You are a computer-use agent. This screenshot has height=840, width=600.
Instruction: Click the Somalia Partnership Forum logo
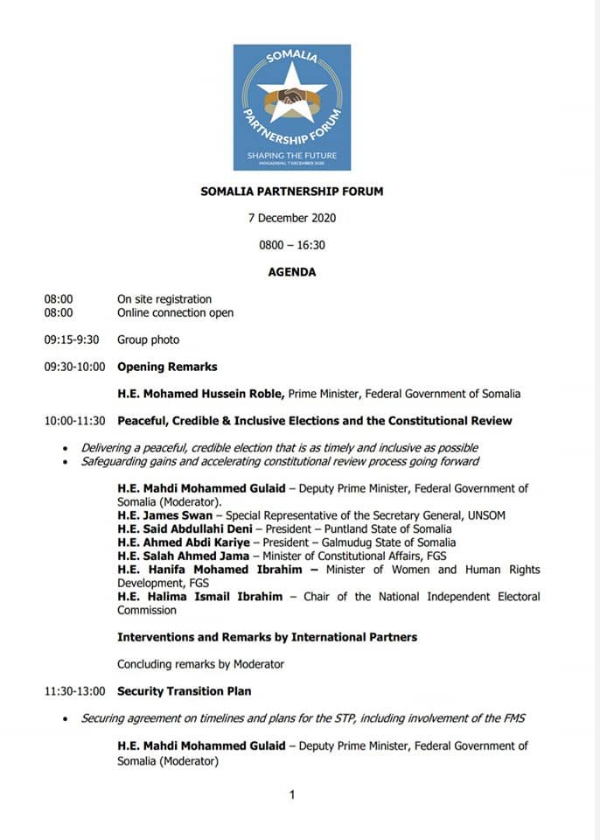pyautogui.click(x=291, y=107)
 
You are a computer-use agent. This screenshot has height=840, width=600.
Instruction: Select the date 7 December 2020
pyautogui.click(x=291, y=218)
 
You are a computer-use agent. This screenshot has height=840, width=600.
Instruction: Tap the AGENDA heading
pyautogui.click(x=291, y=272)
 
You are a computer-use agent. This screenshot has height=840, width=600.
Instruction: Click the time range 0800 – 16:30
pyautogui.click(x=291, y=245)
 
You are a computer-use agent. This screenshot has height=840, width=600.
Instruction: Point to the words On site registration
pyautogui.click(x=164, y=299)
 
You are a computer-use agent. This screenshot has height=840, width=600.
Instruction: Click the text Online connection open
pyautogui.click(x=175, y=312)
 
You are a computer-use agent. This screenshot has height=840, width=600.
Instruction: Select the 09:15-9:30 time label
pyautogui.click(x=72, y=339)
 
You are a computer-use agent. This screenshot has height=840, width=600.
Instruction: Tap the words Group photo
pyautogui.click(x=148, y=339)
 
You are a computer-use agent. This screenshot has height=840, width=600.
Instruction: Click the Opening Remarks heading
pyautogui.click(x=167, y=367)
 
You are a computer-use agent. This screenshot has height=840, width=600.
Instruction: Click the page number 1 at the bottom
pyautogui.click(x=292, y=794)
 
